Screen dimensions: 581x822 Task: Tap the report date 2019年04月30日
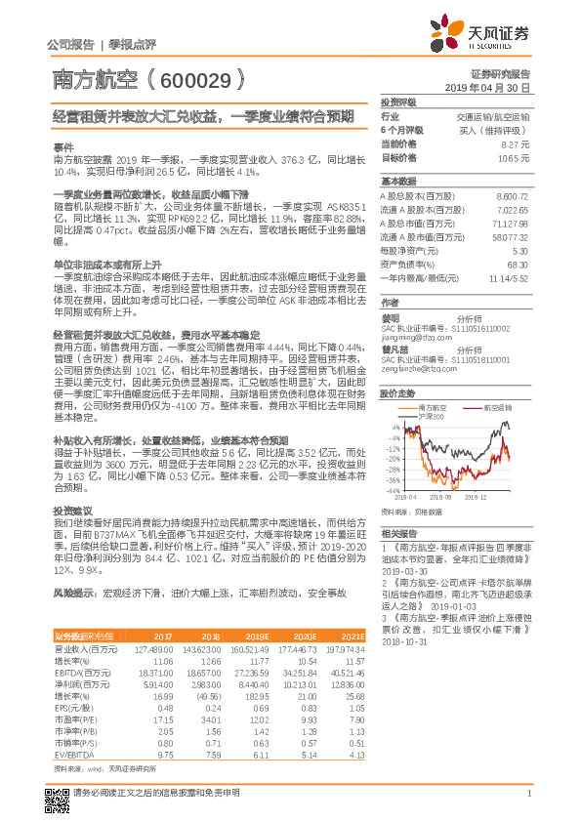(x=486, y=88)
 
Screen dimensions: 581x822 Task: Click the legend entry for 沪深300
(x=431, y=417)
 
